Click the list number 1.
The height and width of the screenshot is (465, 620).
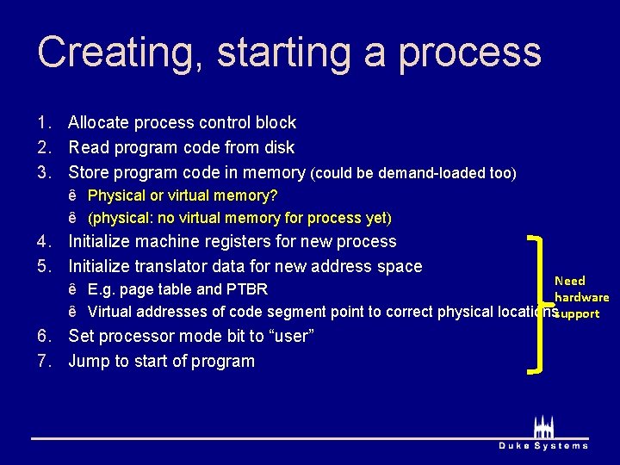click(x=43, y=123)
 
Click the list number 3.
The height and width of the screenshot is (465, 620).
click(x=43, y=172)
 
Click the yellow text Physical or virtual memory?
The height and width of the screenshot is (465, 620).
click(x=183, y=195)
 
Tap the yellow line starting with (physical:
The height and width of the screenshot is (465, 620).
click(x=239, y=218)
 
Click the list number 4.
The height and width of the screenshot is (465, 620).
click(x=43, y=242)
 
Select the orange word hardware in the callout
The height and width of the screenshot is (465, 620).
click(x=581, y=297)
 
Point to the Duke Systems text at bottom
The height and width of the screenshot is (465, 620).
click(x=543, y=445)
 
